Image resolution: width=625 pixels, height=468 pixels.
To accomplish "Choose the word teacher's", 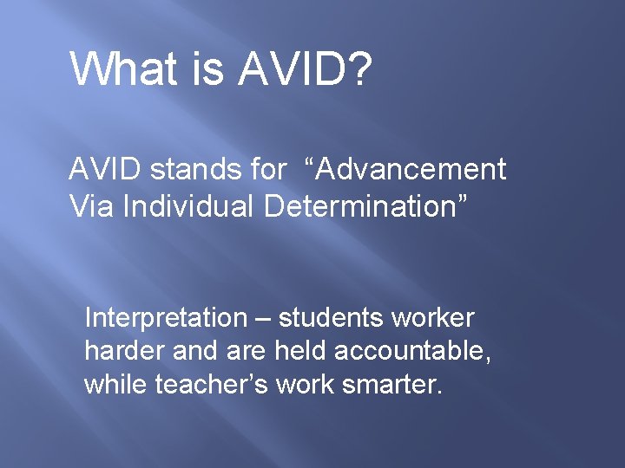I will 212,384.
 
